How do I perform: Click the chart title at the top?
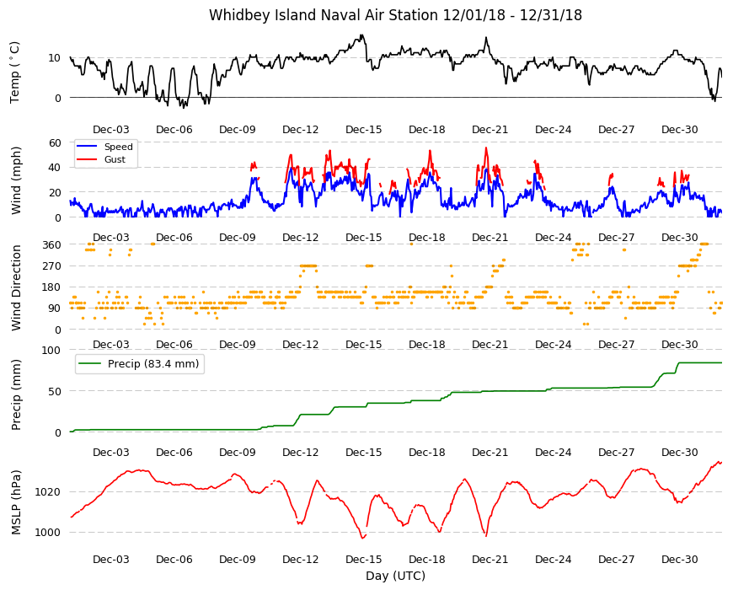tap(395, 15)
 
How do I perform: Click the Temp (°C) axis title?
tap(15, 72)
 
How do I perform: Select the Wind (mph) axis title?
tap(16, 180)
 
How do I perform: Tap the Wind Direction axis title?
tap(16, 288)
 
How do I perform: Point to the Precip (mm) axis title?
tap(16, 394)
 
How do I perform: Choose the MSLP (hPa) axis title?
tap(16, 502)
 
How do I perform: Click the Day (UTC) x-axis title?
tap(395, 576)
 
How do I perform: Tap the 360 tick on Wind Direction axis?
tap(51, 244)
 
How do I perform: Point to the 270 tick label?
tap(51, 266)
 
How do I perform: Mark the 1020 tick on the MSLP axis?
tap(48, 492)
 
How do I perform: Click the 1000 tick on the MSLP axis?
tap(48, 532)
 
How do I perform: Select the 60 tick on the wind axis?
tap(55, 142)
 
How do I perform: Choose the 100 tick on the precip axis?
tap(51, 350)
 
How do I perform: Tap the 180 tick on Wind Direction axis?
tap(51, 287)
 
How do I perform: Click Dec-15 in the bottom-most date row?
tap(364, 559)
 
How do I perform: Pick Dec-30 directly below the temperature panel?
tap(680, 130)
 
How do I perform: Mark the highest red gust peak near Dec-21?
tap(486, 148)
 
